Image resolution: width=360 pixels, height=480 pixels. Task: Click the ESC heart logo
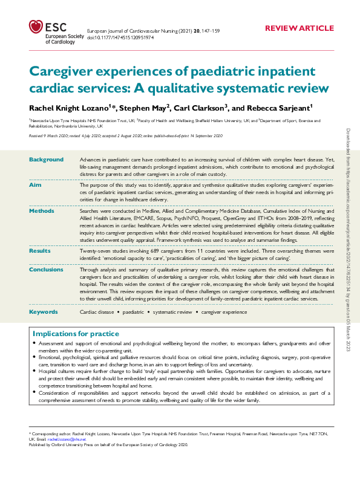(x=36, y=27)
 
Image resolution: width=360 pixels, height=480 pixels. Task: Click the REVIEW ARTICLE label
(x=299, y=28)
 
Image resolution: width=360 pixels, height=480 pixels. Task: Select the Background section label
(x=47, y=160)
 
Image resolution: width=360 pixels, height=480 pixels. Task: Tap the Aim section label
(x=35, y=184)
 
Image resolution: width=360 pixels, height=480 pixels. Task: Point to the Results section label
(x=40, y=250)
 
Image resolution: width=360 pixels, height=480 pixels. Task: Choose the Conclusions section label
(x=47, y=270)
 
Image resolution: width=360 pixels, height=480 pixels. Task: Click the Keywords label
(x=44, y=311)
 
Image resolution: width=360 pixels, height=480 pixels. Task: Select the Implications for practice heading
(x=76, y=334)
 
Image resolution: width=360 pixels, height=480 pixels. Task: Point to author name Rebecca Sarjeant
(x=268, y=108)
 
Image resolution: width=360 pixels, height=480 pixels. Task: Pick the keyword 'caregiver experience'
(x=224, y=312)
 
